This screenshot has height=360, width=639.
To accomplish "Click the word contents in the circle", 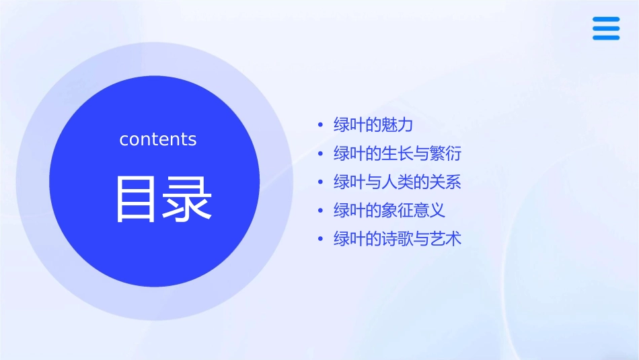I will coord(158,139).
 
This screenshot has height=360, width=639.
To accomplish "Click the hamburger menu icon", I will coord(606,29).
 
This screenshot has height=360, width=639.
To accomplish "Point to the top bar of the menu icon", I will coord(606,20).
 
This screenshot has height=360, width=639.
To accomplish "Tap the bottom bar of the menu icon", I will coord(606,38).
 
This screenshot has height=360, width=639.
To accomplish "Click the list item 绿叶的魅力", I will coord(373,124).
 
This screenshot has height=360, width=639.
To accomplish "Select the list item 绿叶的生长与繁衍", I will coord(398,153).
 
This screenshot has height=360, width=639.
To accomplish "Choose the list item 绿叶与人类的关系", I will coord(398,182).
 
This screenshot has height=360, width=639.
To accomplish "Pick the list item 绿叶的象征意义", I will coord(389,210).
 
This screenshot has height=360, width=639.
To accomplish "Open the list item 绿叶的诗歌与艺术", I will coord(398,238).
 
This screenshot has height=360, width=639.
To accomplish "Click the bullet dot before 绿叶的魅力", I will coord(321,125).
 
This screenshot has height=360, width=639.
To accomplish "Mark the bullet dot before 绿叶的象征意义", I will coord(321,211).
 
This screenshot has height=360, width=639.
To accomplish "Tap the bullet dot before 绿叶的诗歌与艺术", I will coord(321,239).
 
